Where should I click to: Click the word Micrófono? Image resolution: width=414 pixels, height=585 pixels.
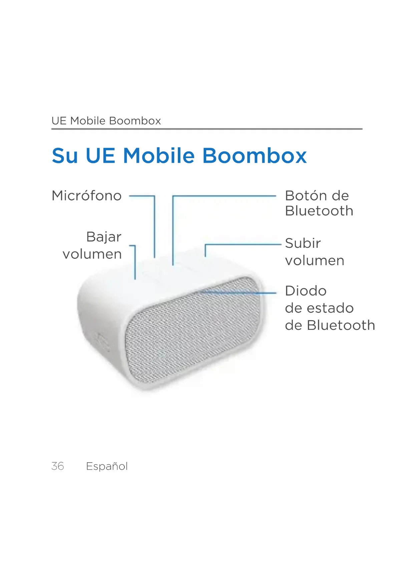pyautogui.click(x=86, y=195)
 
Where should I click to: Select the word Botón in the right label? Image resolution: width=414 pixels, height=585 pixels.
pyautogui.click(x=306, y=195)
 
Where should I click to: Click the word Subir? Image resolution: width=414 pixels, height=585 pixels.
pyautogui.click(x=303, y=243)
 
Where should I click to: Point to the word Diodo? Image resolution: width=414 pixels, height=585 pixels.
pyautogui.click(x=306, y=291)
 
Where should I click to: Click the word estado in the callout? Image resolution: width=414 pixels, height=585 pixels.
pyautogui.click(x=330, y=308)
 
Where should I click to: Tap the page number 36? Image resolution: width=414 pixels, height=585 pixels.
pyautogui.click(x=58, y=466)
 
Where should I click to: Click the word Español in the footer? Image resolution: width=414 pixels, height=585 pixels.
pyautogui.click(x=107, y=466)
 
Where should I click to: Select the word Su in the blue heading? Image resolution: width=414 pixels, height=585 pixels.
pyautogui.click(x=65, y=156)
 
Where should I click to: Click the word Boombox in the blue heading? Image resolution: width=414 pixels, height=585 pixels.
pyautogui.click(x=255, y=156)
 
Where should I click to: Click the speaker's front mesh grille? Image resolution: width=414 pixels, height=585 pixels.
pyautogui.click(x=193, y=330)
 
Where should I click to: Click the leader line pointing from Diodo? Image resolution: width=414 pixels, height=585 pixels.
pyautogui.click(x=238, y=292)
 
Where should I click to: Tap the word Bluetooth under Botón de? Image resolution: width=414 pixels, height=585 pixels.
pyautogui.click(x=319, y=211)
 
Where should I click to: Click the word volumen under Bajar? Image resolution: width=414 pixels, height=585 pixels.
pyautogui.click(x=92, y=254)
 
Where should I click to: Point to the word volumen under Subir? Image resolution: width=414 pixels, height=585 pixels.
pyautogui.click(x=315, y=260)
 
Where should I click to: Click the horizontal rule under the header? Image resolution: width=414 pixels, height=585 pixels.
pyautogui.click(x=207, y=129)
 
